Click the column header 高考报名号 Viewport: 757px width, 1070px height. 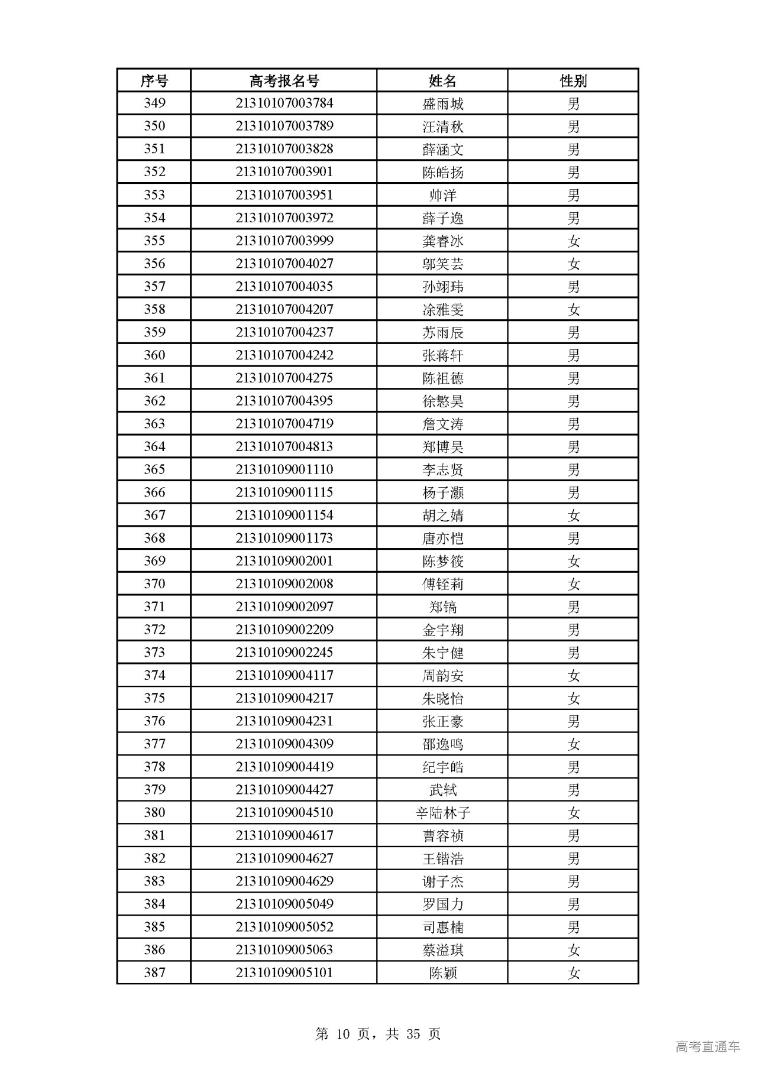pyautogui.click(x=284, y=80)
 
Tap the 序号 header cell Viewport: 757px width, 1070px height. pyautogui.click(x=154, y=80)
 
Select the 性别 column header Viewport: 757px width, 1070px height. pyautogui.click(x=573, y=80)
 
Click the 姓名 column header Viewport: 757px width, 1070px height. pyautogui.click(x=442, y=80)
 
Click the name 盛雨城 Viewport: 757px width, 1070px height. pyautogui.click(x=443, y=103)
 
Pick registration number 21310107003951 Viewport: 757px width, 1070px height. pyautogui.click(x=284, y=195)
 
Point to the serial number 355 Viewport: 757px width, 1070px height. pyautogui.click(x=154, y=241)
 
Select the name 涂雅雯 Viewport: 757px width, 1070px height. pyautogui.click(x=443, y=310)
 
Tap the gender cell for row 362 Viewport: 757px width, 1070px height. pyautogui.click(x=573, y=401)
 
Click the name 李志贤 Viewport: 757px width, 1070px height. pyautogui.click(x=443, y=470)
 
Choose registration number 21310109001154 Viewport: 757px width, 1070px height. pyautogui.click(x=284, y=515)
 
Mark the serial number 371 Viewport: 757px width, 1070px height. pyautogui.click(x=154, y=607)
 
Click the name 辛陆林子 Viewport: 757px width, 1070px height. pyautogui.click(x=443, y=813)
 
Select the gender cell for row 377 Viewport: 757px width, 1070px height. pyautogui.click(x=573, y=744)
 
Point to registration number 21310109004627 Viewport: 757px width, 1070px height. pyautogui.click(x=284, y=858)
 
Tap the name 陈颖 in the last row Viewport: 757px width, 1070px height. pyautogui.click(x=443, y=973)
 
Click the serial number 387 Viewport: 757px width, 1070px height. pyautogui.click(x=154, y=973)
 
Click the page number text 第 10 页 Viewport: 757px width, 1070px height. pyautogui.click(x=343, y=1034)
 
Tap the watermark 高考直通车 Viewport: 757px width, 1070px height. pyautogui.click(x=707, y=1046)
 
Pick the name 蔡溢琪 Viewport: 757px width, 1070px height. pyautogui.click(x=443, y=950)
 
